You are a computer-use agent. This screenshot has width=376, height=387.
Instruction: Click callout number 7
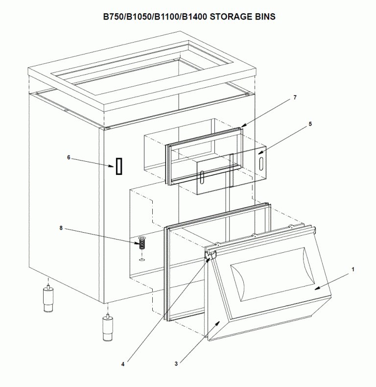[x=295, y=97]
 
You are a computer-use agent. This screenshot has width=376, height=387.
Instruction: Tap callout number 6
[x=69, y=157]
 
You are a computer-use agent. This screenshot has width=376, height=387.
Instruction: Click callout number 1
[x=353, y=269]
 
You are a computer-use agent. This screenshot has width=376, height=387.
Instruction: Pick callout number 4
[x=123, y=363]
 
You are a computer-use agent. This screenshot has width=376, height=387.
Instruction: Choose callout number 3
[x=175, y=363]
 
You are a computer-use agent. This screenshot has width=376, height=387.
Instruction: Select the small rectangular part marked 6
[x=118, y=167]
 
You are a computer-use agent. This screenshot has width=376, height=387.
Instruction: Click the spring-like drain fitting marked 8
[x=142, y=243]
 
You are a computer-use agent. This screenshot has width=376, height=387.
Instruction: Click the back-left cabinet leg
[x=48, y=299]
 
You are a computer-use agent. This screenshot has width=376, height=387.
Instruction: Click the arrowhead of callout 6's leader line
[x=113, y=166]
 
